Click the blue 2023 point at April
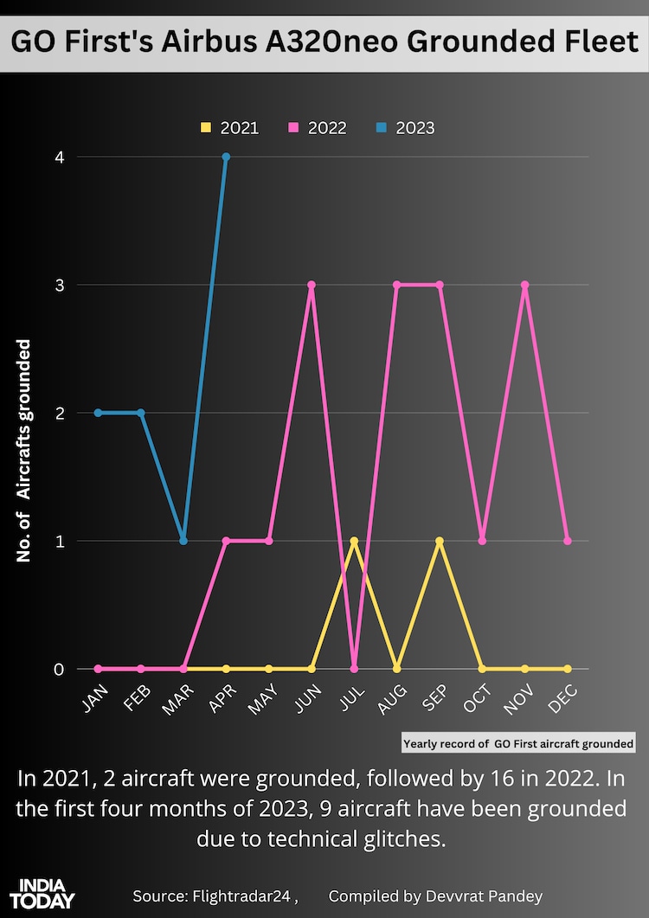click(x=226, y=157)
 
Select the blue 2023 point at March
click(x=183, y=541)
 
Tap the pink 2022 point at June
click(x=312, y=285)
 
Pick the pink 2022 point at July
click(x=354, y=669)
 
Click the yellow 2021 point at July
click(x=354, y=541)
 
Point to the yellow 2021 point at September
click(x=440, y=541)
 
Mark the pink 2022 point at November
click(x=524, y=285)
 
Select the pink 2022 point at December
click(x=568, y=541)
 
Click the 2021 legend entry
click(x=229, y=128)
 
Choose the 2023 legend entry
click(x=405, y=128)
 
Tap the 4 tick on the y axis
click(x=60, y=157)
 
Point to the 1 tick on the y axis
click(x=60, y=541)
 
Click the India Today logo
click(x=44, y=892)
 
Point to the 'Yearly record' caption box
click(x=518, y=743)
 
